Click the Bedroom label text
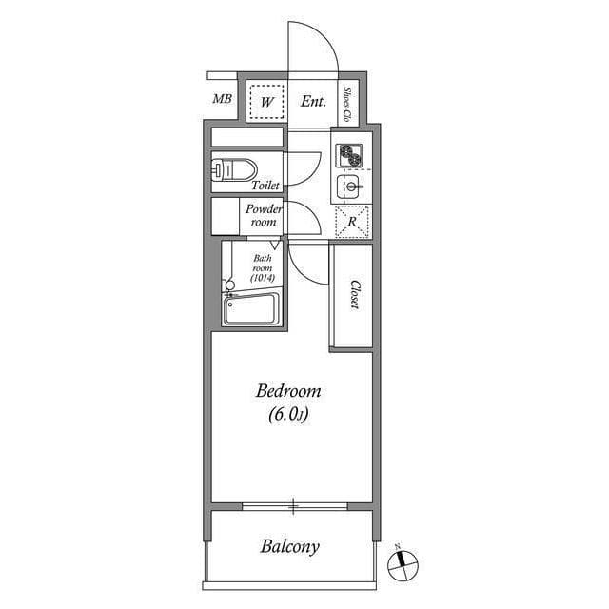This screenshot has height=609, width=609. click(x=288, y=391)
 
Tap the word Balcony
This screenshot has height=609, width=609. click(x=289, y=547)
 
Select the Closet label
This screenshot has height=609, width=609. click(x=353, y=294)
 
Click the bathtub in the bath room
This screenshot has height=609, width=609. click(x=250, y=310)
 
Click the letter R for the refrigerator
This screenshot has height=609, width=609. click(x=352, y=222)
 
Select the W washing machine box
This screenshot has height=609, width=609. click(x=267, y=101)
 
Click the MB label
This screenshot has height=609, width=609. click(x=222, y=99)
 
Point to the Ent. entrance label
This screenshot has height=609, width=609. click(x=313, y=101)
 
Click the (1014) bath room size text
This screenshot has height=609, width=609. click(x=263, y=277)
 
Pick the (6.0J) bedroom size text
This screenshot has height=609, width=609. click(x=288, y=414)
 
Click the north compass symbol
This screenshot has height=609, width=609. click(x=403, y=566)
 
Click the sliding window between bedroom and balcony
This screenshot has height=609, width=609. click(x=294, y=504)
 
